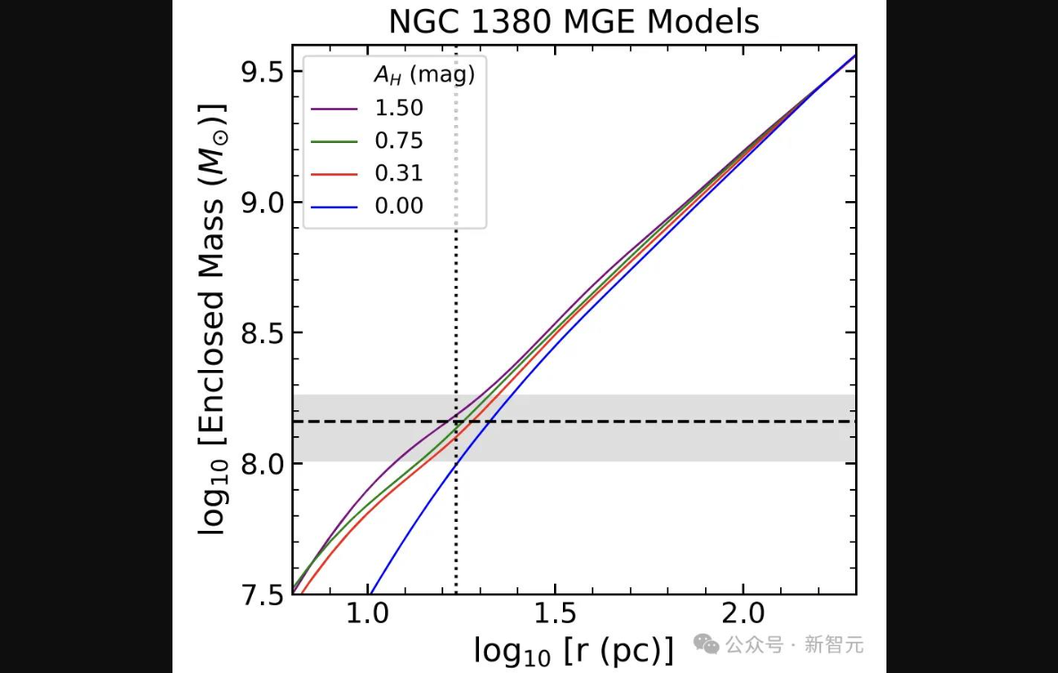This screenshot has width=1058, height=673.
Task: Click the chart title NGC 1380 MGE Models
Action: click(x=574, y=21)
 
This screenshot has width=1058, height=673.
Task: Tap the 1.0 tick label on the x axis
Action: click(x=367, y=614)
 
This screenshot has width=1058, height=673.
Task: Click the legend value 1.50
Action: click(x=399, y=108)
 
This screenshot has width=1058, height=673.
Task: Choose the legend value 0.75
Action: click(x=399, y=141)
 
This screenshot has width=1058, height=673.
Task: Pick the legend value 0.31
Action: click(x=399, y=173)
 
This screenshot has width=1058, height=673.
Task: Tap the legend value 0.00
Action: click(x=399, y=206)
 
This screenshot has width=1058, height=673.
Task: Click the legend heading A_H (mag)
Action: click(x=424, y=76)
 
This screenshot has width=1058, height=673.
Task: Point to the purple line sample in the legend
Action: click(x=334, y=108)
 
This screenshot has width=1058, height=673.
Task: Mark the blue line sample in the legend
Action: click(x=334, y=206)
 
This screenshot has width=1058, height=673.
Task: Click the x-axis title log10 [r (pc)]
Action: click(x=573, y=650)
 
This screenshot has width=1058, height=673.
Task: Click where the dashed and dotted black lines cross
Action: click(x=456, y=421)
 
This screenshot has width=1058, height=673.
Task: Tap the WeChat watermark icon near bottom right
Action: click(x=707, y=644)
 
